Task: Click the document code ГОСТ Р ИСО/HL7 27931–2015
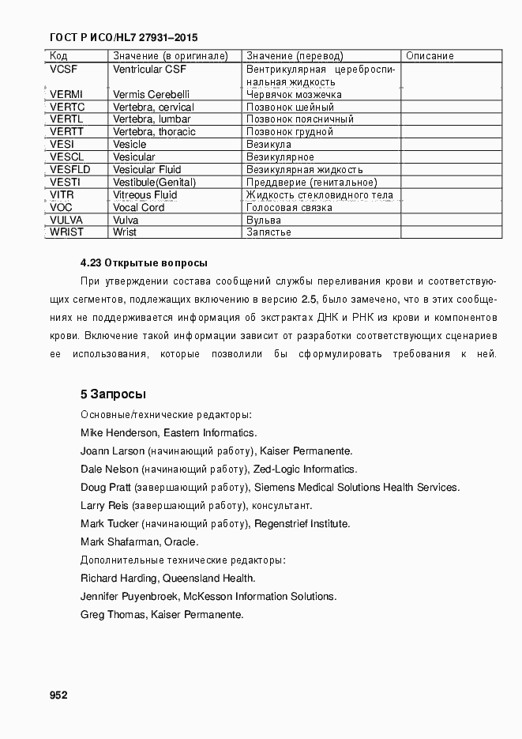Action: point(123,37)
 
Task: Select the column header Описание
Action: point(429,56)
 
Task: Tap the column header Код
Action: point(58,56)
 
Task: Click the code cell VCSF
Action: point(63,69)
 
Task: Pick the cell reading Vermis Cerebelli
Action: point(151,94)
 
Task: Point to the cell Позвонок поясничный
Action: point(300,119)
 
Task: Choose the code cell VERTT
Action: point(66,132)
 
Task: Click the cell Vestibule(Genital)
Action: point(154,183)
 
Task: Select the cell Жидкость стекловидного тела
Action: point(319,195)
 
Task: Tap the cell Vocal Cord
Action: point(139,207)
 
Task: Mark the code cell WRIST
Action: point(66,232)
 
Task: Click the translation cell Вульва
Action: point(263,220)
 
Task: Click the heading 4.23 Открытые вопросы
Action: point(144,262)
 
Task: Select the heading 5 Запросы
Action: point(113,394)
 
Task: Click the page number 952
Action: point(58,695)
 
